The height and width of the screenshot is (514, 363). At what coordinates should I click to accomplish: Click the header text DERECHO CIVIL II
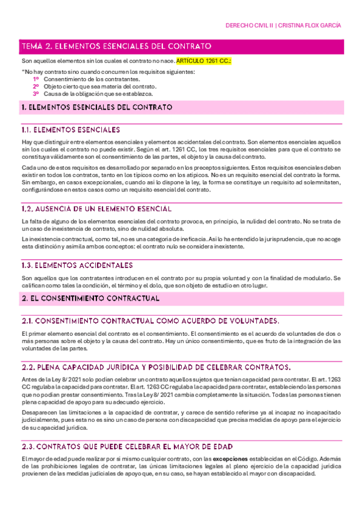pyautogui.click(x=248, y=26)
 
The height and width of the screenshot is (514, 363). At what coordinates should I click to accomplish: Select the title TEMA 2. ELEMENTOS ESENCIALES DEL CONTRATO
pyautogui.click(x=116, y=46)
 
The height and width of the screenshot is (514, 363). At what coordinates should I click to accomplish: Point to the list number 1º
pyautogui.click(x=36, y=79)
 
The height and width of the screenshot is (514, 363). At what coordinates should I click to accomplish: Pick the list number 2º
pyautogui.click(x=36, y=87)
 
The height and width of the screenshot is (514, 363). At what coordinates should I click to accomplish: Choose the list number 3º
pyautogui.click(x=36, y=94)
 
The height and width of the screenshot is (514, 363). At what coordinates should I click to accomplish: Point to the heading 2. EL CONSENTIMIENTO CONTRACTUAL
pyautogui.click(x=90, y=299)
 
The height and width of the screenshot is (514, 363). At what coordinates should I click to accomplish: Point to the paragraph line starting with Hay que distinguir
pyautogui.click(x=181, y=142)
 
